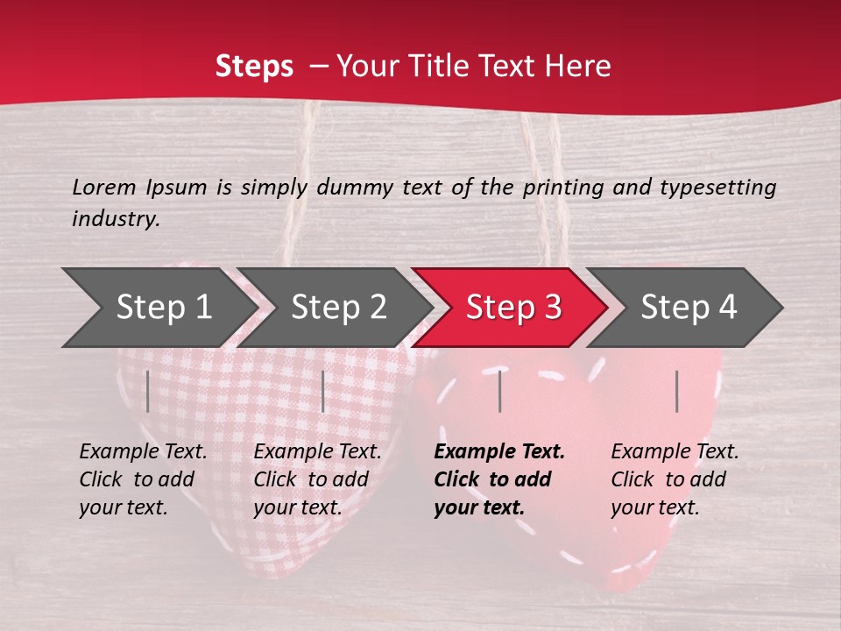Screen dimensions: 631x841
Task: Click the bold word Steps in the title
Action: click(254, 67)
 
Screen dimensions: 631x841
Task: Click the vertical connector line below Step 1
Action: click(148, 391)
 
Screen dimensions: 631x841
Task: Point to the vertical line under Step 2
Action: click(323, 391)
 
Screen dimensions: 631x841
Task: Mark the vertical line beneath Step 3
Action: click(499, 391)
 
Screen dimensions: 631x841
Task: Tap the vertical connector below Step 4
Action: click(677, 391)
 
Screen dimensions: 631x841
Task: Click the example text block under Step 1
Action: click(143, 479)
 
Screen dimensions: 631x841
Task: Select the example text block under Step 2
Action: click(317, 479)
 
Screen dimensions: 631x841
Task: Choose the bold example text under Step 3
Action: click(498, 479)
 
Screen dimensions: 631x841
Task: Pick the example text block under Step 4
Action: click(675, 479)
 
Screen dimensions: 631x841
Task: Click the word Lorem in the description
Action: click(104, 188)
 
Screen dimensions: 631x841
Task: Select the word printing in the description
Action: click(565, 188)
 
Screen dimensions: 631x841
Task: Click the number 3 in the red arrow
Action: click(552, 307)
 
